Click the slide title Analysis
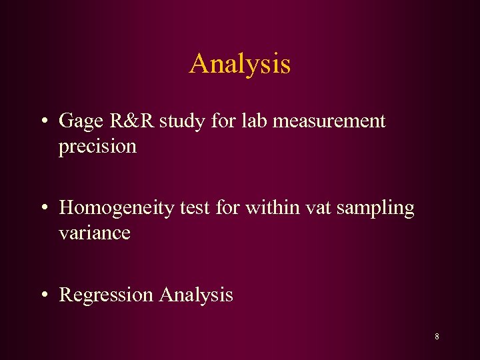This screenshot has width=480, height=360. (240, 64)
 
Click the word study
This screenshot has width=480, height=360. (173, 121)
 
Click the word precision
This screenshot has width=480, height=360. (97, 146)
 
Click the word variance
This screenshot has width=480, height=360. (95, 233)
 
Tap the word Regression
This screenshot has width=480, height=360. (106, 295)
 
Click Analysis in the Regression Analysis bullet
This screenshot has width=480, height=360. (196, 295)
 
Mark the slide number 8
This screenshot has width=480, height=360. (437, 337)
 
